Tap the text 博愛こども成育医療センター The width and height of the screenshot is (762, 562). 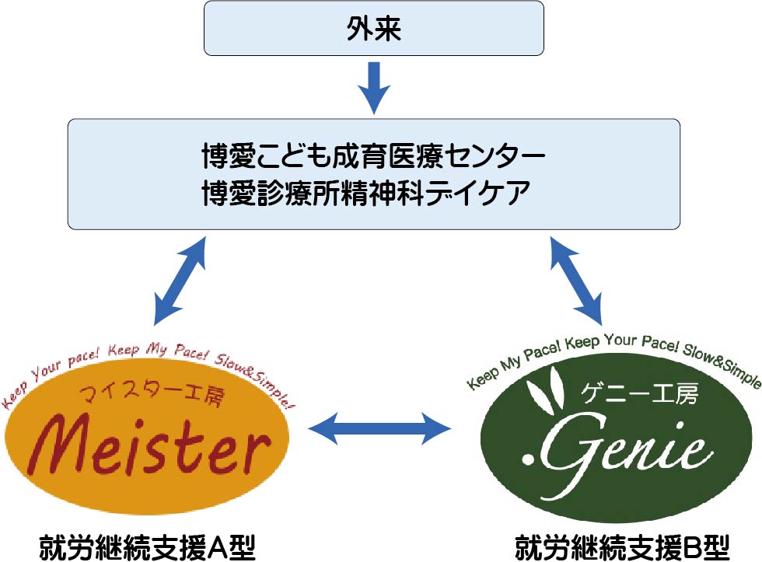tap(374, 156)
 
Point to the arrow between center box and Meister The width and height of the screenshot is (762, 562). tap(180, 280)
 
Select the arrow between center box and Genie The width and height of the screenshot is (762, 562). tap(576, 280)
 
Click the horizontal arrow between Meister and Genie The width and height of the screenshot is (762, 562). tap(380, 427)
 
